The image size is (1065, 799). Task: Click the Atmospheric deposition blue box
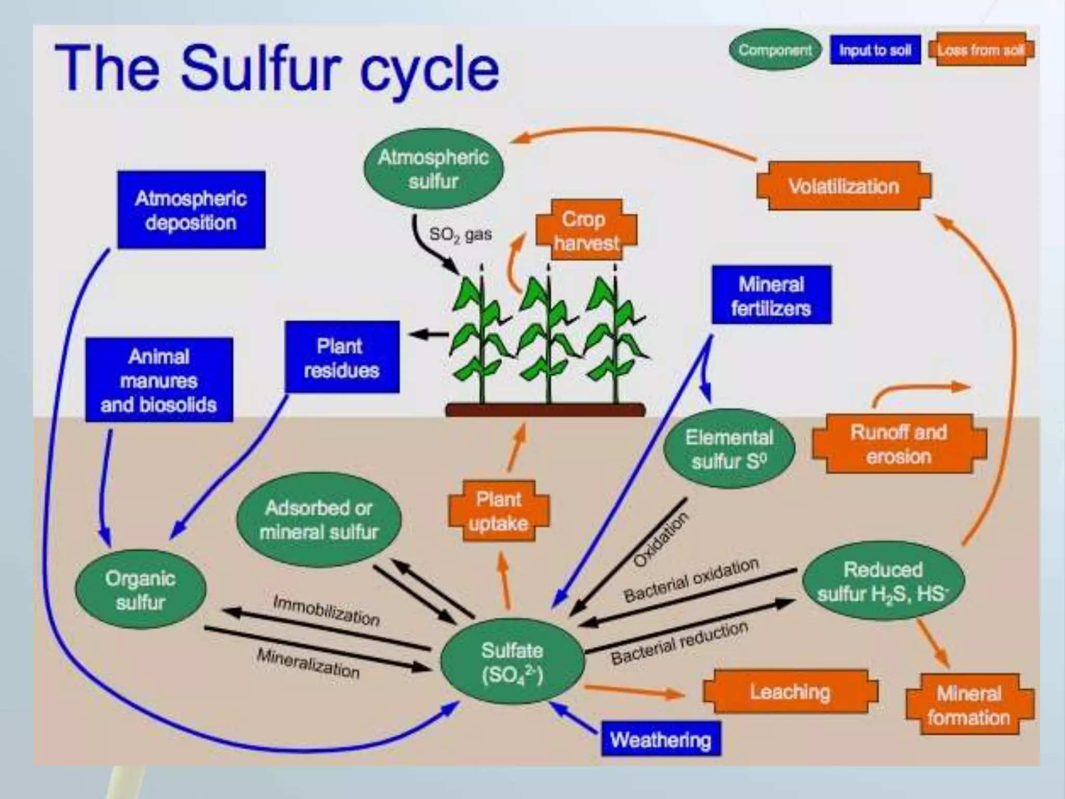coord(191,210)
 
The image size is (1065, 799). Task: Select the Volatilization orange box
coord(843,186)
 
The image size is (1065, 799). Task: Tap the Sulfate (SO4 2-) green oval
coord(512,662)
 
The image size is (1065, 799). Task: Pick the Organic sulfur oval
coord(140,590)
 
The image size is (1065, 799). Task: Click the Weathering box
coord(660,739)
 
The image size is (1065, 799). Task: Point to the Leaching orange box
coord(789,692)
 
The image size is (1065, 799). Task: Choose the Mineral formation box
coord(969,705)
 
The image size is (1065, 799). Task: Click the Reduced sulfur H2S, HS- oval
coord(883,582)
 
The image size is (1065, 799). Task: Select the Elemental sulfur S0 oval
coord(729,449)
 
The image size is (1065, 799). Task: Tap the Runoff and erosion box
coord(899,444)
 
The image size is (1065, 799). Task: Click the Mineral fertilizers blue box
coord(771,295)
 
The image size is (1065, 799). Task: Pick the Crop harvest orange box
coord(586,230)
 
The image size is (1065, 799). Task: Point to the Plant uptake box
coord(498,511)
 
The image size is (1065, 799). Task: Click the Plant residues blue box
coord(342,357)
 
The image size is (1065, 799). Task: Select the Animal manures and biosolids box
coord(159,380)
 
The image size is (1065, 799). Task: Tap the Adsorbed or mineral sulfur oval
coord(319,520)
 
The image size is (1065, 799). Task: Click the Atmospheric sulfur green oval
coord(433,169)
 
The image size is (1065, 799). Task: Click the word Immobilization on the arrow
coord(327,610)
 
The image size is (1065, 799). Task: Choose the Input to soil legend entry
coord(875,50)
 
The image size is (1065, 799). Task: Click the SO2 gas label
coord(460,234)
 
